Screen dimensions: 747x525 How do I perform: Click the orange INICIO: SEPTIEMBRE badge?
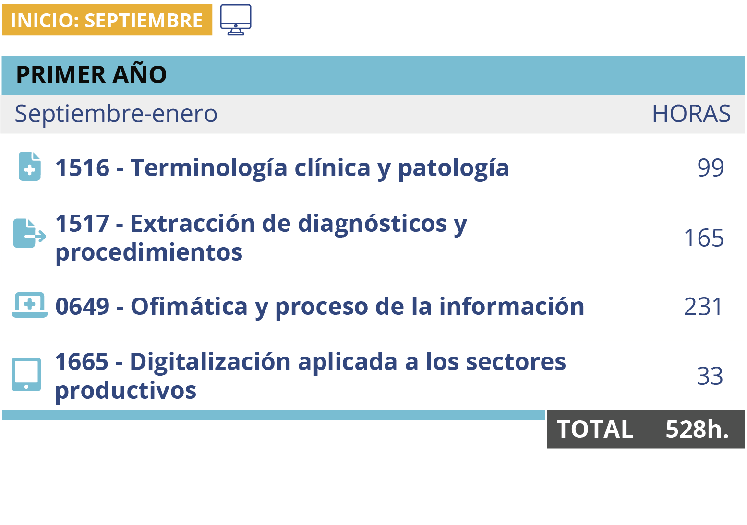107,20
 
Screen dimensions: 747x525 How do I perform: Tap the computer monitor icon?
236,19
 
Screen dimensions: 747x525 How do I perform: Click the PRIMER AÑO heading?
91,74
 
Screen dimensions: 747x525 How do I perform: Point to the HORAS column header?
691,114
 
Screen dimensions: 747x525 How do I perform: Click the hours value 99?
711,167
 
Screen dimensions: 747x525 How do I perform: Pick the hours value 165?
704,238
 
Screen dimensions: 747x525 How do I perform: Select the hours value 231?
703,306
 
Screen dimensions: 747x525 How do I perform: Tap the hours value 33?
710,376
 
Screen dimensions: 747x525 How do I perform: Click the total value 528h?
697,430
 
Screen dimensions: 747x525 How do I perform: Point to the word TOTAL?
595,430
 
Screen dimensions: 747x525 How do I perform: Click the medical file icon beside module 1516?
30,167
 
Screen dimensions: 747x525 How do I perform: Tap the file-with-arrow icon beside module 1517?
29,233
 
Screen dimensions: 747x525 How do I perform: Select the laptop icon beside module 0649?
30,305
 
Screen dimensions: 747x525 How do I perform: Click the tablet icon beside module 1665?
26,374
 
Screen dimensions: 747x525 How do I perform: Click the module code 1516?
83,167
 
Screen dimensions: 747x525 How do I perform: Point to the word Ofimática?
189,306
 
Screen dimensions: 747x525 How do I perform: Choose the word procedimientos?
149,253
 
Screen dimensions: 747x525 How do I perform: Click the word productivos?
126,391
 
